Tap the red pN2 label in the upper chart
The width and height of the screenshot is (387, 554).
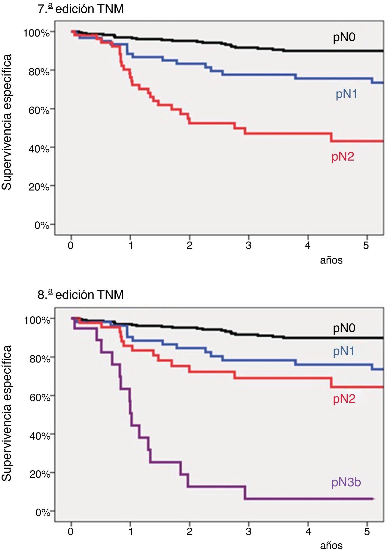click(343, 157)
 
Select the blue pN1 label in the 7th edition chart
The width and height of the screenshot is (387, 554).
click(346, 94)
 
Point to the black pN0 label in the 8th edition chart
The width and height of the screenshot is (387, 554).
click(344, 328)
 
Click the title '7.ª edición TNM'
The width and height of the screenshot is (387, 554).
click(81, 9)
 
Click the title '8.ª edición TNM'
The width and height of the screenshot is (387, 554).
click(81, 295)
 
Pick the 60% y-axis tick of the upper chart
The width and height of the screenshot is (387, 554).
click(39, 110)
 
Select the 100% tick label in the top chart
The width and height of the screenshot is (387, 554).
click(36, 33)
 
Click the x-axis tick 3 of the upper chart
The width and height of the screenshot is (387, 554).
click(249, 245)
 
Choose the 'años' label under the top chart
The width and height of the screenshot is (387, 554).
click(331, 260)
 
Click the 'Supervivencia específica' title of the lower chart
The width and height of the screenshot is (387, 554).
click(7, 413)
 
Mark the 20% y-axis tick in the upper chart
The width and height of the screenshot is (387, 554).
click(39, 187)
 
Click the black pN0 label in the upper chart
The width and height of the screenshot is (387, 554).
click(344, 37)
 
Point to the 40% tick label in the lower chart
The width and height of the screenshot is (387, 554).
click(40, 436)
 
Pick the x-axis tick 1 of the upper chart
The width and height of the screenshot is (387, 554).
click(131, 245)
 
